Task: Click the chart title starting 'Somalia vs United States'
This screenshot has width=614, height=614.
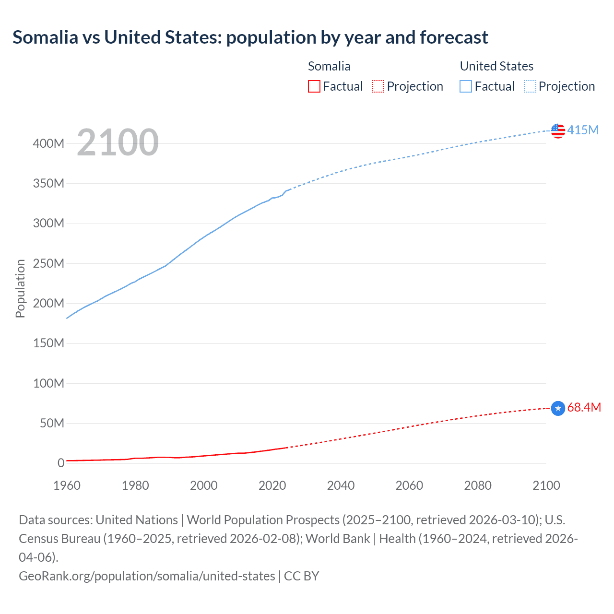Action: pyautogui.click(x=250, y=37)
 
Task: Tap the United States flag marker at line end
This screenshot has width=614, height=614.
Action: pyautogui.click(x=558, y=130)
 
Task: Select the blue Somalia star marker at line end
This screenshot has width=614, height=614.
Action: pyautogui.click(x=558, y=408)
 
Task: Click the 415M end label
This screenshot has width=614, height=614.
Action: pyautogui.click(x=583, y=130)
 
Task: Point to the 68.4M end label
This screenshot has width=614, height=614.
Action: pyautogui.click(x=584, y=407)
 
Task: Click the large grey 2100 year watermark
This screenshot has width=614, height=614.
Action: pyautogui.click(x=118, y=142)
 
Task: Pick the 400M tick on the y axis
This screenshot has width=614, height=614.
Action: pyautogui.click(x=48, y=143)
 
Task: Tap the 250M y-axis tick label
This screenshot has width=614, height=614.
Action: pyautogui.click(x=48, y=263)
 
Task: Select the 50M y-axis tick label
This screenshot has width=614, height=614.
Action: pyautogui.click(x=52, y=423)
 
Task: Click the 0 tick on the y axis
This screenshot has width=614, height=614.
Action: pyautogui.click(x=61, y=463)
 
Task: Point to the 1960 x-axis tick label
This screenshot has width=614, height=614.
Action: pyautogui.click(x=67, y=485)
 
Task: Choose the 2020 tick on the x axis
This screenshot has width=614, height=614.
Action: pyautogui.click(x=272, y=485)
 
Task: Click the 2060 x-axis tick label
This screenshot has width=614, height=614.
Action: pyautogui.click(x=409, y=485)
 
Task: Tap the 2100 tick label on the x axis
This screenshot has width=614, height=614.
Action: pyautogui.click(x=546, y=485)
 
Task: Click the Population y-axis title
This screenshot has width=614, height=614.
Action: pyautogui.click(x=20, y=288)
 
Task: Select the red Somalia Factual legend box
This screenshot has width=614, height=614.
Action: pyautogui.click(x=314, y=86)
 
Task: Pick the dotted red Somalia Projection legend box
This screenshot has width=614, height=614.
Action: pyautogui.click(x=378, y=86)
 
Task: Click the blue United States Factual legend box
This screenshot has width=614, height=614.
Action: pyautogui.click(x=465, y=86)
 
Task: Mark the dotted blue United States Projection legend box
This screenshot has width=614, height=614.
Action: pyautogui.click(x=530, y=86)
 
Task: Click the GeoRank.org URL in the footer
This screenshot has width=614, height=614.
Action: pyautogui.click(x=147, y=576)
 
